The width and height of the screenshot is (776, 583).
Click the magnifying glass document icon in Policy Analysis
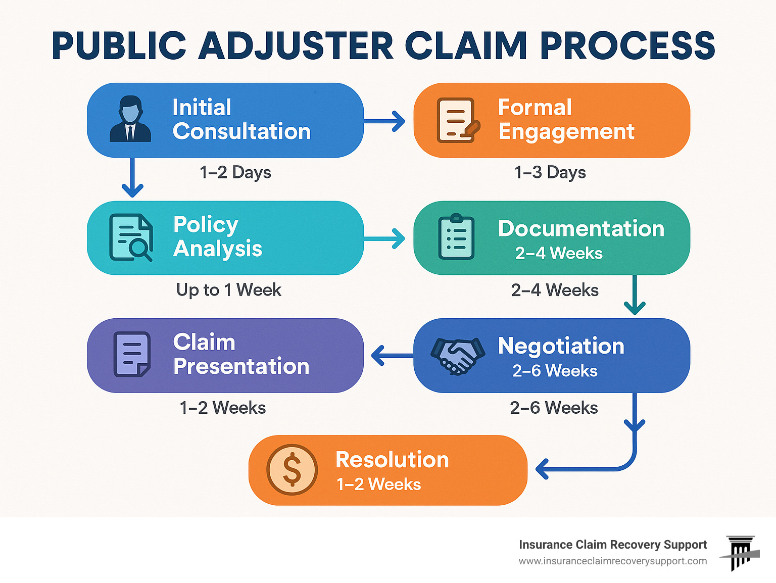tap(131, 238)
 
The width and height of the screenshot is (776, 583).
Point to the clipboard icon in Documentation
tap(456, 237)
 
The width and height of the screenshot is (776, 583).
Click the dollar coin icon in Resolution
tap(292, 469)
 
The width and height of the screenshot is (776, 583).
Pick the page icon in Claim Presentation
tap(132, 354)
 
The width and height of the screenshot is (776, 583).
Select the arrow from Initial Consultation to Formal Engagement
tap(385, 121)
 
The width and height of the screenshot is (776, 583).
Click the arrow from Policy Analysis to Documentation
tap(385, 238)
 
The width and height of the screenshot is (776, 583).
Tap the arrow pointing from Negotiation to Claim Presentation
tap(392, 356)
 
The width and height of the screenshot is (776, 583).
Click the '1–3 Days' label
tap(550, 173)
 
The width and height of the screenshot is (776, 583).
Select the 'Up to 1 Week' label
tap(229, 290)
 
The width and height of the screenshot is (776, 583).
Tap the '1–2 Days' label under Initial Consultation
tap(235, 173)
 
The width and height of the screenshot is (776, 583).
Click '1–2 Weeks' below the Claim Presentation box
tap(223, 408)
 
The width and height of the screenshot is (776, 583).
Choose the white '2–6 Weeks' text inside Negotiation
tap(555, 371)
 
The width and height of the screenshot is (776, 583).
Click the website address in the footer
tap(612, 561)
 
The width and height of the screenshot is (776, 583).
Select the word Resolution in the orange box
tap(392, 460)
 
